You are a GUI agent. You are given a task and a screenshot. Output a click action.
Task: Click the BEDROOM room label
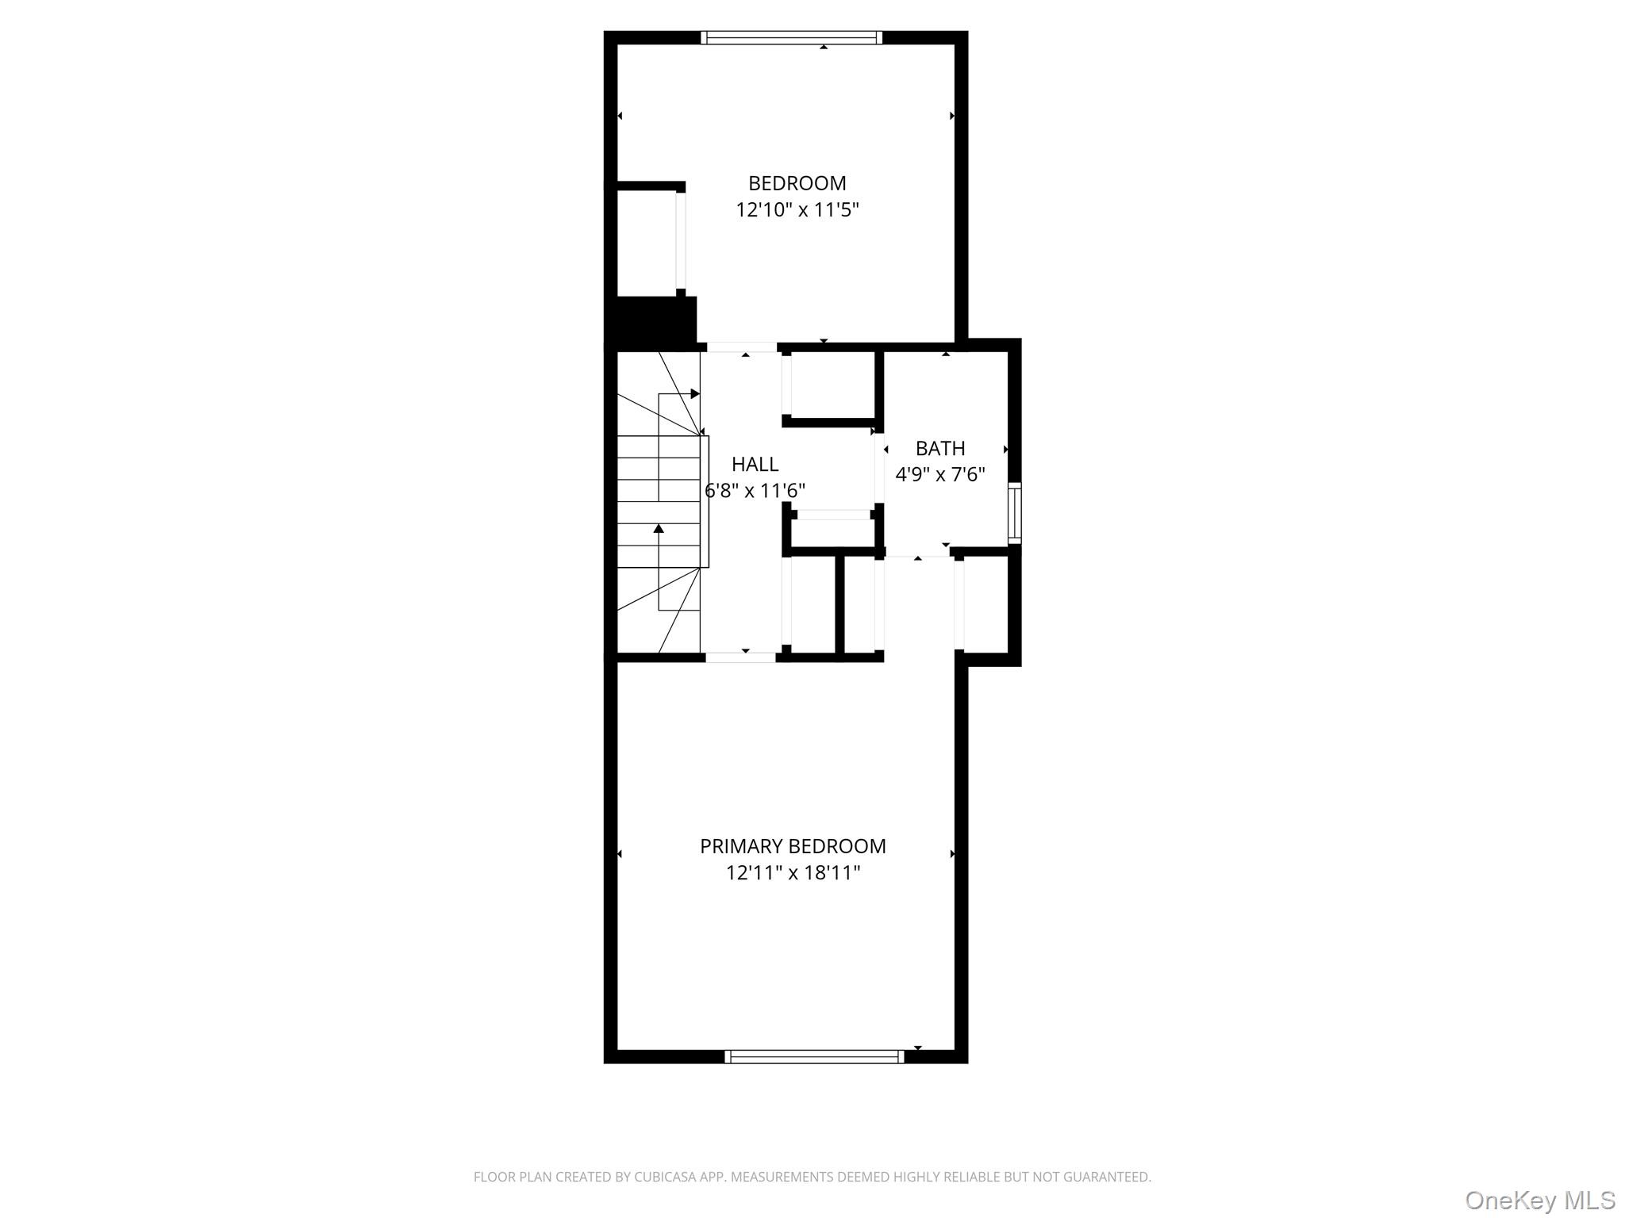click(797, 183)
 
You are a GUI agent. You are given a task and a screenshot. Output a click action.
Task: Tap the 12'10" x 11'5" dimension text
click(797, 210)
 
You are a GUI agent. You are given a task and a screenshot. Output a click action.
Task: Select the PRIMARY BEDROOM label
click(792, 846)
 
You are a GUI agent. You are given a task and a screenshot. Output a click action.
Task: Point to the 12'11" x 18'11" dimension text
click(792, 873)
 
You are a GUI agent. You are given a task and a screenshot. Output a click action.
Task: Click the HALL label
click(755, 464)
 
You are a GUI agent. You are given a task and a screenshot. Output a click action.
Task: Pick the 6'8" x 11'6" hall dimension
click(755, 491)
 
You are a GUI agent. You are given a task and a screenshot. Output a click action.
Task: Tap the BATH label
click(939, 448)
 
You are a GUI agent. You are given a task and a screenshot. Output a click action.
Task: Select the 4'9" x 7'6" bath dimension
click(939, 474)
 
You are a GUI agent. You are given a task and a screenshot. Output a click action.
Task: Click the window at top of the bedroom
click(791, 37)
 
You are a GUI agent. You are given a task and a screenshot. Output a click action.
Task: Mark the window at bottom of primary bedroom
click(814, 1056)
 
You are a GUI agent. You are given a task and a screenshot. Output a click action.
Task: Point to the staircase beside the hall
click(659, 503)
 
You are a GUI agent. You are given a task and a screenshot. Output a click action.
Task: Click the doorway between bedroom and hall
click(741, 347)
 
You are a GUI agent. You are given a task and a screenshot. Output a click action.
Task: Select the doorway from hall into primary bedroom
click(740, 657)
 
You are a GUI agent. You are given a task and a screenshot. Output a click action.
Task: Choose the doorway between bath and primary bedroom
click(918, 556)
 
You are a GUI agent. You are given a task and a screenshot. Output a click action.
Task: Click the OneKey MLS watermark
click(1539, 1200)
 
